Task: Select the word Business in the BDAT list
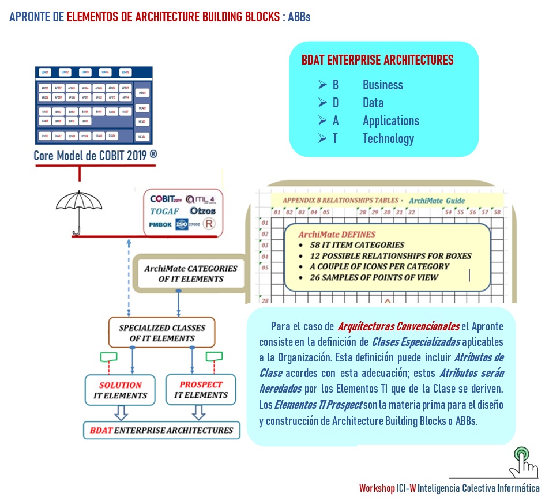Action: click(382, 85)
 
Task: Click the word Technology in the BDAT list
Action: click(388, 139)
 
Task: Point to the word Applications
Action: click(390, 121)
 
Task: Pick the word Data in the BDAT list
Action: click(373, 103)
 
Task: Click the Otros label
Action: click(202, 211)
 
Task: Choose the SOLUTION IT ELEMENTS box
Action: click(120, 390)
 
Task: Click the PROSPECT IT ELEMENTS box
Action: click(201, 390)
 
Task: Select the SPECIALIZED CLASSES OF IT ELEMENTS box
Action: click(161, 333)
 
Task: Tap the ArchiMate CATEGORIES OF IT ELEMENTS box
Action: click(190, 274)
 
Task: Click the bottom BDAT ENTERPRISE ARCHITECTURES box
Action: click(161, 430)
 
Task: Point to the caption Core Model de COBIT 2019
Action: click(95, 156)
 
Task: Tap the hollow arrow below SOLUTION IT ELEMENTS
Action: click(121, 412)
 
